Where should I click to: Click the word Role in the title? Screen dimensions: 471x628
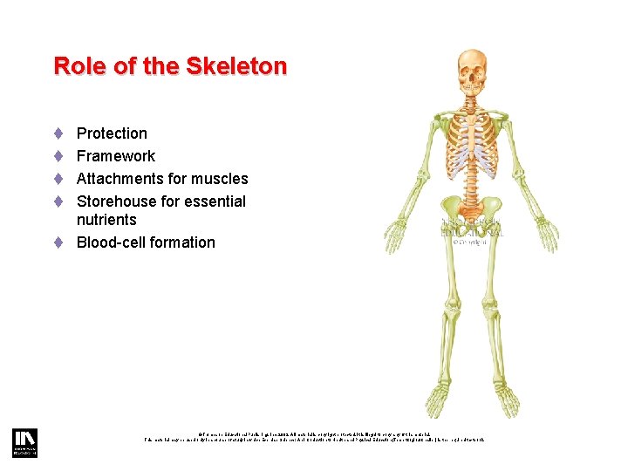pyautogui.click(x=75, y=66)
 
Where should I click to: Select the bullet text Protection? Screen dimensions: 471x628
pyautogui.click(x=112, y=133)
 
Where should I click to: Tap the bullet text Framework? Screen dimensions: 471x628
pyautogui.click(x=116, y=156)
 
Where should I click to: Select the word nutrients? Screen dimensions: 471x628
pyautogui.click(x=106, y=220)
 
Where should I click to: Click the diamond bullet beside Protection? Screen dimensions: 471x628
pyautogui.click(x=58, y=133)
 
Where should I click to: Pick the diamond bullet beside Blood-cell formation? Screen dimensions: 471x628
pyautogui.click(x=58, y=242)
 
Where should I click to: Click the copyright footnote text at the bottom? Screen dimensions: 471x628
pyautogui.click(x=314, y=435)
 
